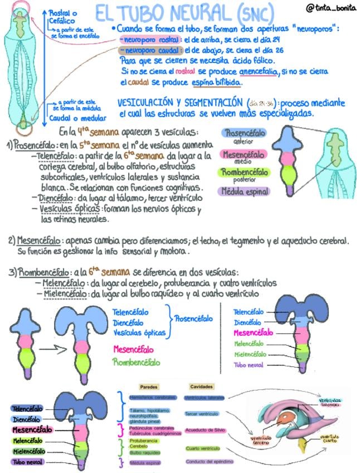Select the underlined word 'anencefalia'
pyautogui.click(x=263, y=72)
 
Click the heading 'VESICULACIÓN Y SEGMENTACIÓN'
pyautogui.click(x=182, y=103)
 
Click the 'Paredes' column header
pyautogui.click(x=148, y=387)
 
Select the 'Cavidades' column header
pyautogui.click(x=201, y=387)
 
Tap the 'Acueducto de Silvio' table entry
pyautogui.click(x=205, y=431)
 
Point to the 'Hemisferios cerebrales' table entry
pyautogui.click(x=148, y=398)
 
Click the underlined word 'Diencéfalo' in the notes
pyautogui.click(x=56, y=198)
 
